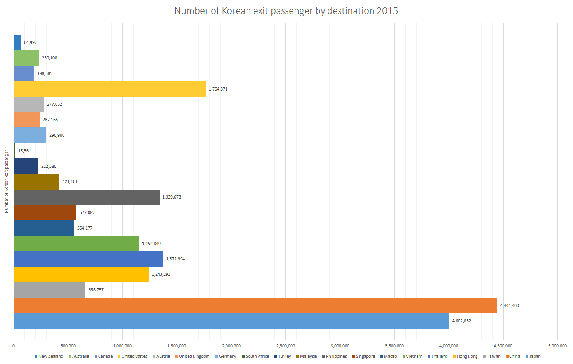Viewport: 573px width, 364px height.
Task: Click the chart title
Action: tap(286, 11)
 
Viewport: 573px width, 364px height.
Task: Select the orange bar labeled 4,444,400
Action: tap(255, 305)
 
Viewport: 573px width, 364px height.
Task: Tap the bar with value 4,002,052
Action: tap(231, 321)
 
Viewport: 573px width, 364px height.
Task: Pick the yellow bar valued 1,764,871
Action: tap(109, 89)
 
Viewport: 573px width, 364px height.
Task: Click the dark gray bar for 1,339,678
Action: tap(86, 197)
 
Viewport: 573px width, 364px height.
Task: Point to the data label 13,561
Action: tap(24, 151)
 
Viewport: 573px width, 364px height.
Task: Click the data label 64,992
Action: tap(30, 42)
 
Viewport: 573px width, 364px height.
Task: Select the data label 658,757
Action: tap(96, 290)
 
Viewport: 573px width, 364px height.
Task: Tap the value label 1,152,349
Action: tap(151, 244)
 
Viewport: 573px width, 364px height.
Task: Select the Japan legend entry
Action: tap(535, 356)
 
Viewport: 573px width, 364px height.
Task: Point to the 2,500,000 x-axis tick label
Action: tap(285, 346)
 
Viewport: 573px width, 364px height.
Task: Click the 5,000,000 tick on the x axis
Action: tap(557, 346)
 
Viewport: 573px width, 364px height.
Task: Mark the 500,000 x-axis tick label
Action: tap(68, 346)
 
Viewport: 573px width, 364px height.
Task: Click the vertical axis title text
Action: tap(6, 181)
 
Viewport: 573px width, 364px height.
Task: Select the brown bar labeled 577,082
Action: tap(45, 212)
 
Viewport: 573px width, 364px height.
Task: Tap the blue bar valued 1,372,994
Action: tap(88, 259)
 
